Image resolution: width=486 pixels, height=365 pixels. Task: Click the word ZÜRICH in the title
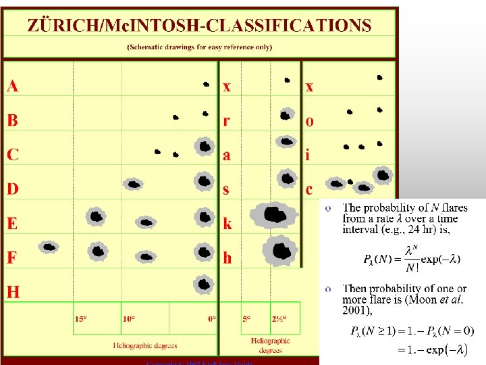tap(60, 26)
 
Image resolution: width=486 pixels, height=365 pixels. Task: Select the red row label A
tap(13, 86)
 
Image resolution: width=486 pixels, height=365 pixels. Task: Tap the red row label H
tap(13, 292)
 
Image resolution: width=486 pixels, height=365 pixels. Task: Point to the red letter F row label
tap(12, 258)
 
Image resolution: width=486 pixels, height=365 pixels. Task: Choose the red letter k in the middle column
tap(227, 223)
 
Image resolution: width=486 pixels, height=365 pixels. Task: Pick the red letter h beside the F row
tap(227, 258)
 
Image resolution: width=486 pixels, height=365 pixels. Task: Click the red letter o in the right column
tap(309, 122)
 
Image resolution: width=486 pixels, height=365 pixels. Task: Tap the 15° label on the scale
tap(80, 319)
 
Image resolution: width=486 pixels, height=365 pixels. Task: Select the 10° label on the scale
tap(129, 319)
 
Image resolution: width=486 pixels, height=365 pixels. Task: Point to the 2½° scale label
tap(279, 319)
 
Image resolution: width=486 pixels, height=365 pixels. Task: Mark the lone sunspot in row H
tap(202, 285)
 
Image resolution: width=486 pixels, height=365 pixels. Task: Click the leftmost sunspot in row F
tap(49, 247)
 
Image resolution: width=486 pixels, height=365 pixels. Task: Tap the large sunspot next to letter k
tap(273, 216)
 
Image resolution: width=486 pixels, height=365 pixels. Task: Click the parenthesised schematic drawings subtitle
tap(199, 47)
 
